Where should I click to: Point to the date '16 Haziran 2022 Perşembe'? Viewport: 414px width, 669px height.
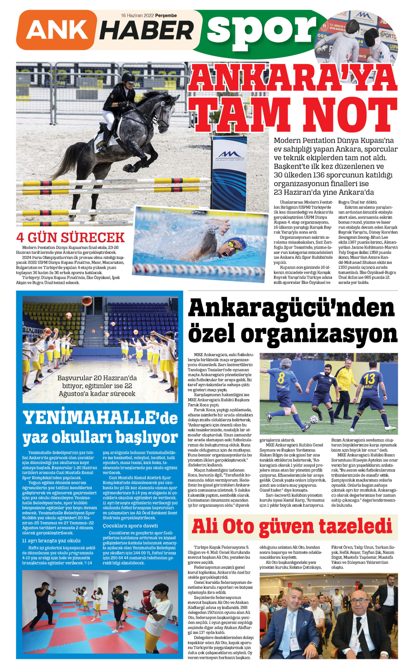point(149,15)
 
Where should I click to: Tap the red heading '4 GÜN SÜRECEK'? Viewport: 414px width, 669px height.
point(70,238)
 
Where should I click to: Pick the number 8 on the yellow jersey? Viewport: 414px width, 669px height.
point(281,378)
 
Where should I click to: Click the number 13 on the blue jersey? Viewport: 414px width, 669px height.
point(369,379)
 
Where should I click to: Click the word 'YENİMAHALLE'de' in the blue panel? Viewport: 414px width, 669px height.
point(100,418)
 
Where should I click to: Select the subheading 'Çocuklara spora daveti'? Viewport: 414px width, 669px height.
point(130,526)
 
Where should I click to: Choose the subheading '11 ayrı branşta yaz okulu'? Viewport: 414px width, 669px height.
point(51,540)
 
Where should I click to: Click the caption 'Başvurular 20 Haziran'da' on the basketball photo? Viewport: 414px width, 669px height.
point(97,378)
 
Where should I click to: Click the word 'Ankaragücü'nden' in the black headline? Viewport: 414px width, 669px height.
point(291,308)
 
